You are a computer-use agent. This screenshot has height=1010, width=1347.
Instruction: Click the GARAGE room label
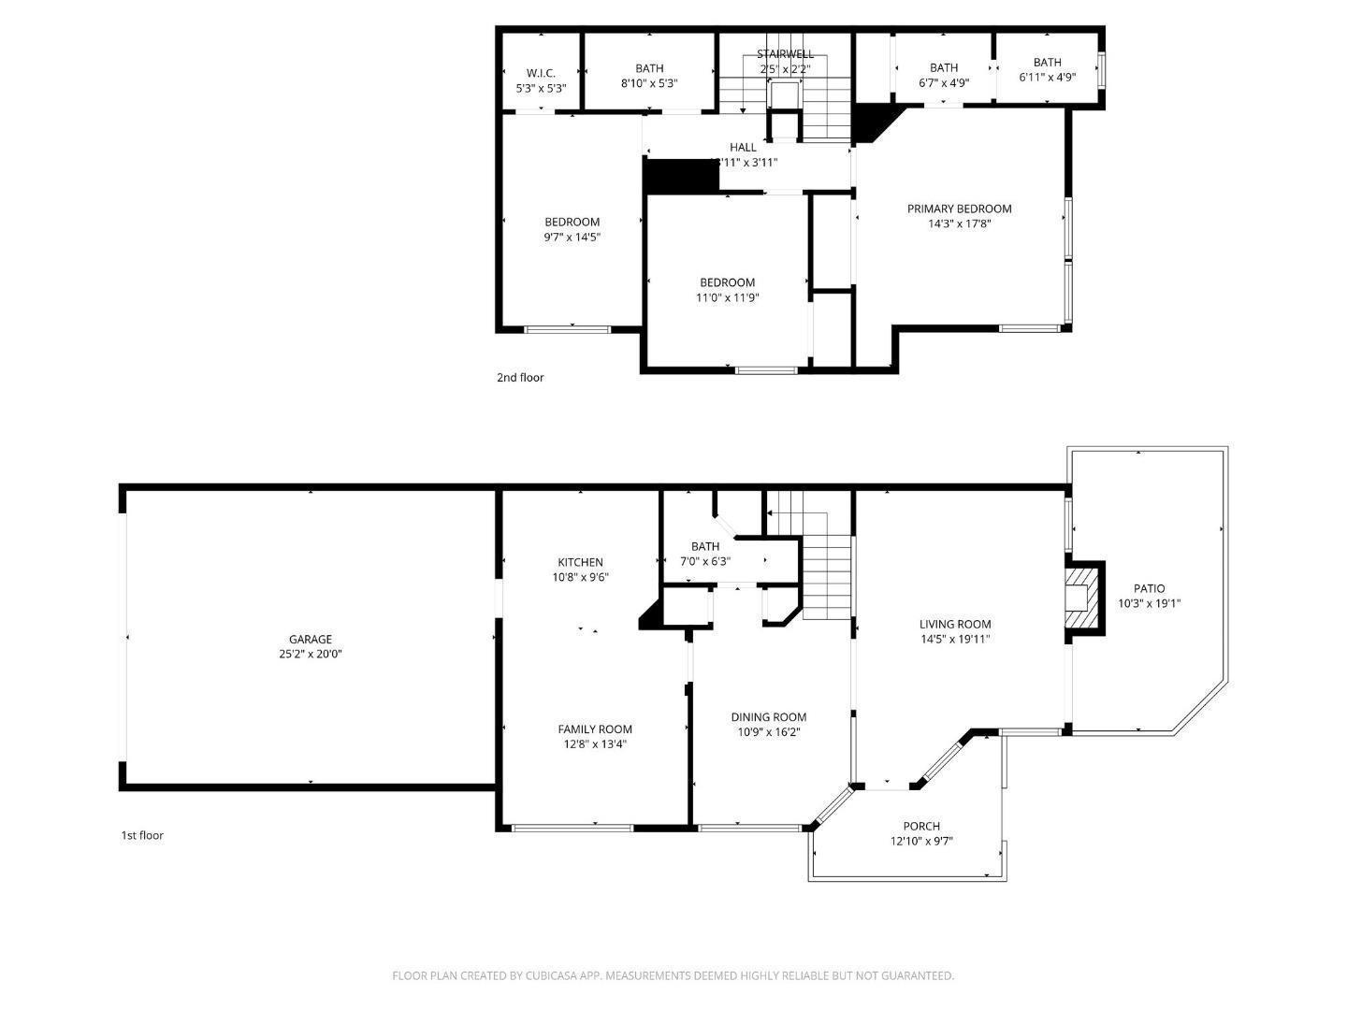coord(310,640)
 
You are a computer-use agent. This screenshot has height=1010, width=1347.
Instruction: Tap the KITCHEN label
coord(580,562)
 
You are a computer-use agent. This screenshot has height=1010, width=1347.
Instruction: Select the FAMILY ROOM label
coord(595,729)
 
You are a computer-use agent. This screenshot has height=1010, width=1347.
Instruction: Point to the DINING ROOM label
coord(768,717)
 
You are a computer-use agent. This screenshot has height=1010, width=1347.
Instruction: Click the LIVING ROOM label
coord(954,625)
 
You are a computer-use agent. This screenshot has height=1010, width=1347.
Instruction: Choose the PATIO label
coord(1149,588)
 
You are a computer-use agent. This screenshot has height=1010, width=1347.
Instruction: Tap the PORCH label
coord(921,826)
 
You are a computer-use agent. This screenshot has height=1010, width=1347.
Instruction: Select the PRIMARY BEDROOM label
coord(959,209)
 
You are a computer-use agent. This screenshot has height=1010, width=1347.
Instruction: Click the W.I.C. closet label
coord(541,73)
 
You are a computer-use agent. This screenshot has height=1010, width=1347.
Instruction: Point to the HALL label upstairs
coord(743,147)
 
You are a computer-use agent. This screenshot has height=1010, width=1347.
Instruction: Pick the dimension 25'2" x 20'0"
coord(310,655)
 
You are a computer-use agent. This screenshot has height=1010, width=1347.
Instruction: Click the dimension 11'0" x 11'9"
coord(727,297)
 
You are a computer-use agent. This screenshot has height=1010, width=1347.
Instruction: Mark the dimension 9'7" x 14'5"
coord(572,237)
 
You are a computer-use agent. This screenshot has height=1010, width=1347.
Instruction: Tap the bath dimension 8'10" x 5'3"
coord(649,83)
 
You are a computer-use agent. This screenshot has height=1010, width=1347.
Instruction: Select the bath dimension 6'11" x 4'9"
coord(1047,78)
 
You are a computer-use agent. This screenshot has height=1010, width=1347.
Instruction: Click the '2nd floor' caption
coord(520,378)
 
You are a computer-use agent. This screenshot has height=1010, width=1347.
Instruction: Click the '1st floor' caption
coord(142,835)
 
